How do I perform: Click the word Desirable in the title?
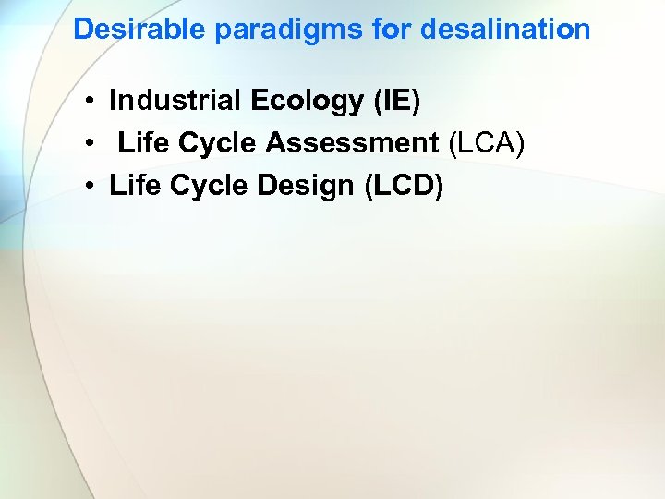139,30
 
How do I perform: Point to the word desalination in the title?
505,30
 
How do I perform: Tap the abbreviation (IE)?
396,102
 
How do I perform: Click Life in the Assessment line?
141,143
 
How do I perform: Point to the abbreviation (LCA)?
486,144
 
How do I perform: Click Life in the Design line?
132,186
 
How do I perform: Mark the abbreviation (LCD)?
405,187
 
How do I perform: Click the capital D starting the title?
83,30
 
